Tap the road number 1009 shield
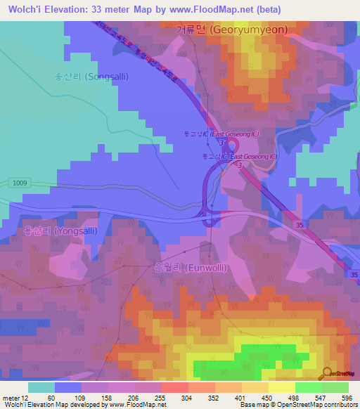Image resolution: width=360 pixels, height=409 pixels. (x=20, y=183)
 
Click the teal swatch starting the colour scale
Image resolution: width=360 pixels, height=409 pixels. (x=41, y=387)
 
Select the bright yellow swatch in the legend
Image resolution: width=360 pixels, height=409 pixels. (x=281, y=387)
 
